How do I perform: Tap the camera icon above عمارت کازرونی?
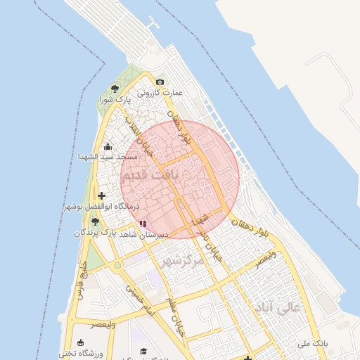[x=160, y=82]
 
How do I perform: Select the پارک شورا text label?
[x=115, y=100]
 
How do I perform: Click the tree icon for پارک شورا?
[x=115, y=89]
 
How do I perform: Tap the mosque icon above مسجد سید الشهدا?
[x=107, y=147]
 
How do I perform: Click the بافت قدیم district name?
[x=150, y=174]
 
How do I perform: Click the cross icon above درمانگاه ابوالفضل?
[x=102, y=195]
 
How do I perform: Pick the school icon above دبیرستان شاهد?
[x=143, y=224]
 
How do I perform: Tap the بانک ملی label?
[x=310, y=343]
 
